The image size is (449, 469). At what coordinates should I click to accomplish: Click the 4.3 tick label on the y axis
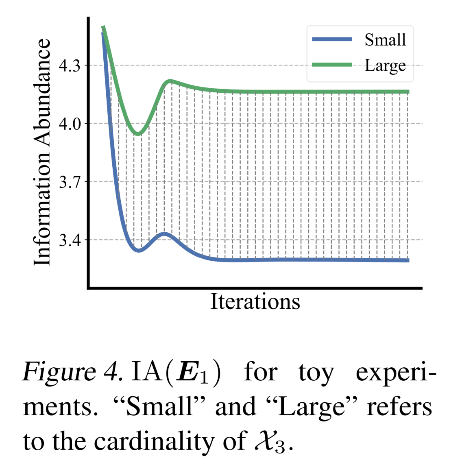(x=70, y=65)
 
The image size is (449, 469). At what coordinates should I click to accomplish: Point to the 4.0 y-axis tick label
(x=70, y=124)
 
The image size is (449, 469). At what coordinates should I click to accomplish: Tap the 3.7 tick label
(x=70, y=182)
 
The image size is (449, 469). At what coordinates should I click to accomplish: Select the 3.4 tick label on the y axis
(x=70, y=240)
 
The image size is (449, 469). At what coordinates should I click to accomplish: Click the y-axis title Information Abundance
(x=43, y=153)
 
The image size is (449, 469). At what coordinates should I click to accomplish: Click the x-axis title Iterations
(x=255, y=302)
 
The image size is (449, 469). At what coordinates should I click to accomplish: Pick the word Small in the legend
(x=385, y=40)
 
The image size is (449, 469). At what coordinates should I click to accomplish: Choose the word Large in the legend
(x=385, y=65)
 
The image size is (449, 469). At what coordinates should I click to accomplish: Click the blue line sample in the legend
(x=332, y=39)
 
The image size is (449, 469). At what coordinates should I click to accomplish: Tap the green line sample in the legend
(x=332, y=65)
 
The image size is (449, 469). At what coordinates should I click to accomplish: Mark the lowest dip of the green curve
(x=138, y=133)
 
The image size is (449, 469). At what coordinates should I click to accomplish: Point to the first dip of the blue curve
(x=139, y=250)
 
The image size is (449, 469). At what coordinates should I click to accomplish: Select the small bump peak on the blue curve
(x=165, y=234)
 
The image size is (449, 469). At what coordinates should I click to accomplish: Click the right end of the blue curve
(x=408, y=260)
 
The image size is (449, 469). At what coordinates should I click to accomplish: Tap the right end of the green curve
(x=408, y=92)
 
